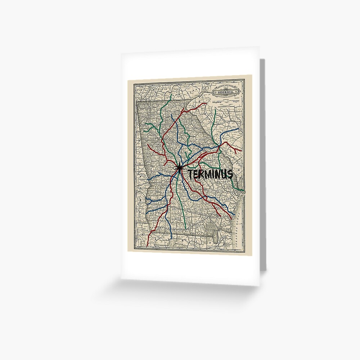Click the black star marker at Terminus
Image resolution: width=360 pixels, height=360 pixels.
tap(179, 168)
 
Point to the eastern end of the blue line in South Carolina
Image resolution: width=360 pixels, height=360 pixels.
tap(239, 129)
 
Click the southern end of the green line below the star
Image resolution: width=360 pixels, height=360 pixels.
tap(185, 229)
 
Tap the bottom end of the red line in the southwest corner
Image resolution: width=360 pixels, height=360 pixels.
tap(148, 246)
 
